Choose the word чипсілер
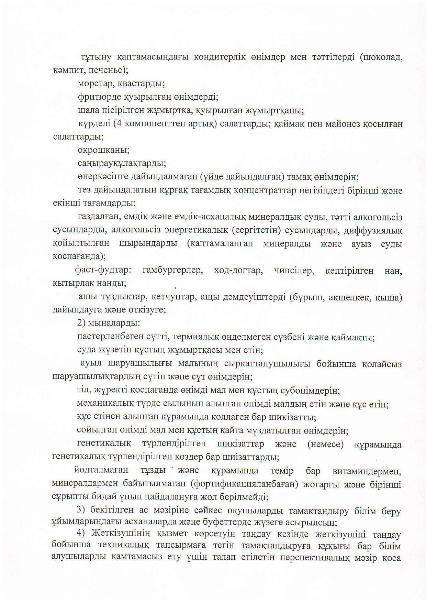(x=294, y=271)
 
